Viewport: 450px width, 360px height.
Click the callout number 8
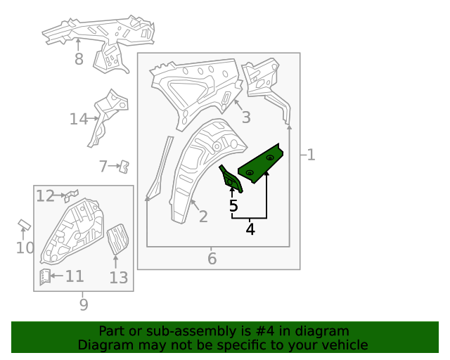[79, 59]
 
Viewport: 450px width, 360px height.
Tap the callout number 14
[79, 119]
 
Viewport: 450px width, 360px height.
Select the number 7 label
[103, 166]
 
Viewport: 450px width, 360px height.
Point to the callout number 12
[45, 196]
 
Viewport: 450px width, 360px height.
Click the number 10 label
[25, 247]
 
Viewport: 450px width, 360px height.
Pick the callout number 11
[75, 276]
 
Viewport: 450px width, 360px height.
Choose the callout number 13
[119, 278]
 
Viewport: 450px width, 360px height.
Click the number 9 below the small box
[84, 304]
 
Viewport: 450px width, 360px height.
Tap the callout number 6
[212, 259]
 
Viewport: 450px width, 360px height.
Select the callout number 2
[203, 217]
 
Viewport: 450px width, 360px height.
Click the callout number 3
[246, 117]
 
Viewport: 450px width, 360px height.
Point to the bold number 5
[233, 206]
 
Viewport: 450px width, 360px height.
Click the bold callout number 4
[250, 229]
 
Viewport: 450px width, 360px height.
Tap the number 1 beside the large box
[311, 155]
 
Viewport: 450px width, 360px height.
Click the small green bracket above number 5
[231, 179]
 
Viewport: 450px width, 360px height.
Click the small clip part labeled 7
[124, 167]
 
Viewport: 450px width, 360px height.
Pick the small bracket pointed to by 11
[45, 277]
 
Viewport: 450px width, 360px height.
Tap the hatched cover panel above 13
[118, 239]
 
